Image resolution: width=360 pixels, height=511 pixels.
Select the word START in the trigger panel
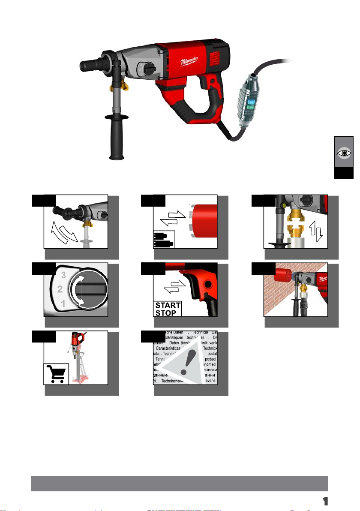(x=168, y=306)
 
